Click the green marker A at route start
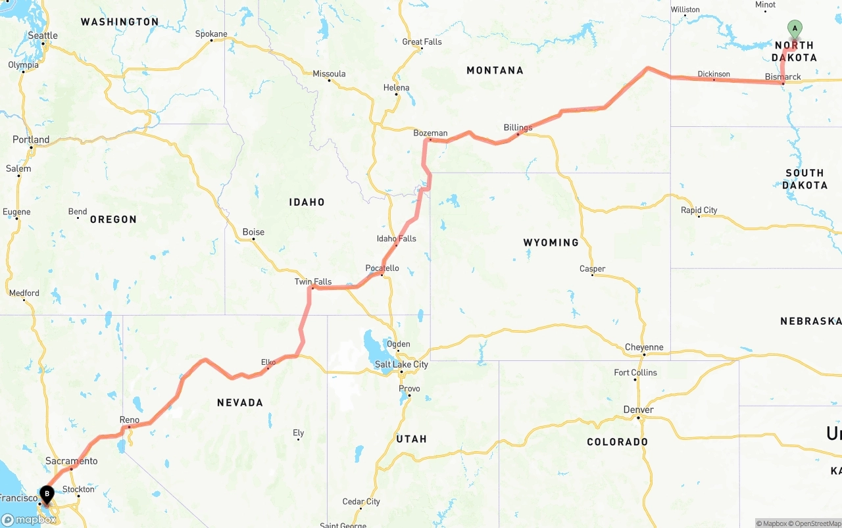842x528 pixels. tap(795, 29)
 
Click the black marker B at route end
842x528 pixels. tap(47, 494)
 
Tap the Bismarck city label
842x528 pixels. tap(783, 77)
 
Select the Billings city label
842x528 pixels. tap(518, 128)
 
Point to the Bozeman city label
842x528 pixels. tap(430, 133)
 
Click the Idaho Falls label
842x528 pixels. tap(396, 239)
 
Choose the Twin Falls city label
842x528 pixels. tap(313, 282)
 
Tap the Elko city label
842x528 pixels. tap(268, 362)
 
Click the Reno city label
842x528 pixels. tap(130, 420)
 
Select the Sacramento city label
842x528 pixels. tap(72, 461)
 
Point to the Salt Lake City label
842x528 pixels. tap(401, 364)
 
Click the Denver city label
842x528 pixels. tap(638, 410)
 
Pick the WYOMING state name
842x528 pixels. tap(551, 243)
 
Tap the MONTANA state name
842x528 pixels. tap(495, 70)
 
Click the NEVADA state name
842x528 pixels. tap(240, 402)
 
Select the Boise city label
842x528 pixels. tap(253, 232)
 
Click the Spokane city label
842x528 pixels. tap(211, 34)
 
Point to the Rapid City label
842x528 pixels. tap(699, 210)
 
